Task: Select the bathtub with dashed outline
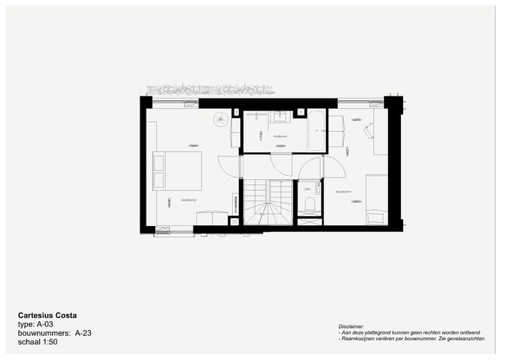click(316, 131)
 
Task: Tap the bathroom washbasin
click(281, 116)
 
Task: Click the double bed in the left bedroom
click(178, 171)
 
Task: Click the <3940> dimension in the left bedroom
click(193, 145)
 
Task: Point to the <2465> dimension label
click(356, 120)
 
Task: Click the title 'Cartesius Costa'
click(47, 315)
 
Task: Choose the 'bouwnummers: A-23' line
click(54, 332)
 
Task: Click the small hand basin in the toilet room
click(309, 222)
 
